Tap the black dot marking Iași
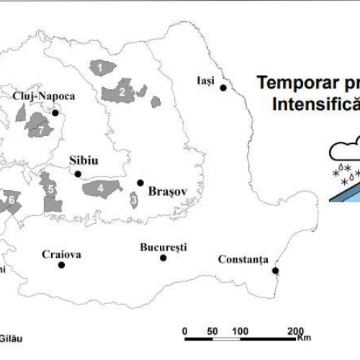[x=223, y=88]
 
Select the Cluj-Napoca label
[x=44, y=95]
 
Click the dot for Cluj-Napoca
[x=55, y=112]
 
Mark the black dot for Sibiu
[x=78, y=174]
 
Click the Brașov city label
[x=167, y=192]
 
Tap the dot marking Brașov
[x=140, y=183]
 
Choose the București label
[x=163, y=247]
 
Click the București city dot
[x=163, y=258]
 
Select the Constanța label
[x=245, y=259]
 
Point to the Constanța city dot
[x=276, y=271]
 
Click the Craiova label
[x=61, y=253]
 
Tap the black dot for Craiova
[x=61, y=265]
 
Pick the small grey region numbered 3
[x=134, y=198]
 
